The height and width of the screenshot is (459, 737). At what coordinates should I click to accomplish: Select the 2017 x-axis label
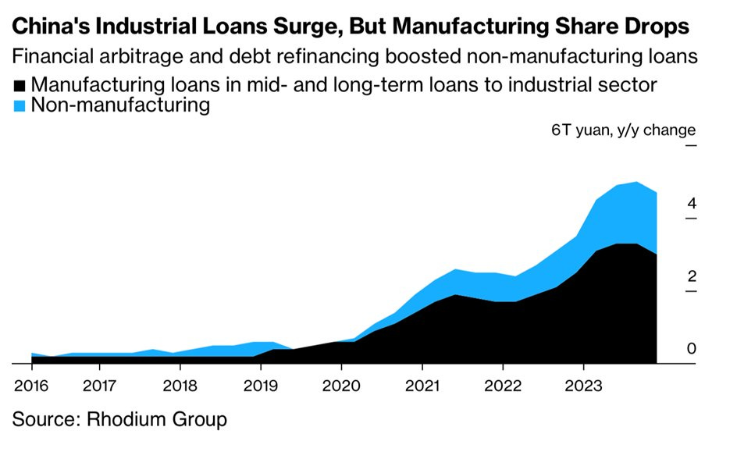[x=98, y=386]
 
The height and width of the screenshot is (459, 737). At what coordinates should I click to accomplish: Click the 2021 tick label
[x=422, y=386]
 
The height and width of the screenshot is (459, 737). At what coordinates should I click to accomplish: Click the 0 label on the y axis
[x=690, y=349]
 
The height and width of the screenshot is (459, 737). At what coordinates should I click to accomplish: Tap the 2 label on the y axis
[x=690, y=276]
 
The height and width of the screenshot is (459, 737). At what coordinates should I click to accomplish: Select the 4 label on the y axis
[x=690, y=204]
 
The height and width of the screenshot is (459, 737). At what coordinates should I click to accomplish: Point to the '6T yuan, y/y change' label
[x=623, y=130]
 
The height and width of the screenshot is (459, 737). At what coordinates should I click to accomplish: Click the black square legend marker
[x=20, y=85]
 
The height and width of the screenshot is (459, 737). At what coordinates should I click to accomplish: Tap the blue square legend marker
[x=20, y=105]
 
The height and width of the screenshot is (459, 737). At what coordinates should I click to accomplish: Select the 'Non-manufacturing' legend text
[x=121, y=105]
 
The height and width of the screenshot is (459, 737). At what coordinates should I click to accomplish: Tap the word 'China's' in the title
[x=49, y=27]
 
